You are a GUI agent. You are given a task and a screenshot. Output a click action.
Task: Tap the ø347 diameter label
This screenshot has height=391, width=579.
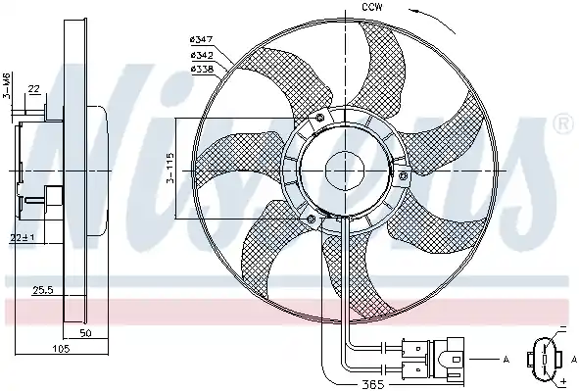[x=202, y=38]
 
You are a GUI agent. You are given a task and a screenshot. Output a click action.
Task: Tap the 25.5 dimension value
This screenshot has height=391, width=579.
[x=41, y=290]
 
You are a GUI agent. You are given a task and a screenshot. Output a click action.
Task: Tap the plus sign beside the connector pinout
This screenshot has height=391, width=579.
[x=564, y=378]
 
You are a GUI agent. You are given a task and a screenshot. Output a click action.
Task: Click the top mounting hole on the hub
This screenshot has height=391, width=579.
[x=319, y=117]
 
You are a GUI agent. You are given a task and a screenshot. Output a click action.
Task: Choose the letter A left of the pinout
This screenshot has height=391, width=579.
[x=507, y=361]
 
